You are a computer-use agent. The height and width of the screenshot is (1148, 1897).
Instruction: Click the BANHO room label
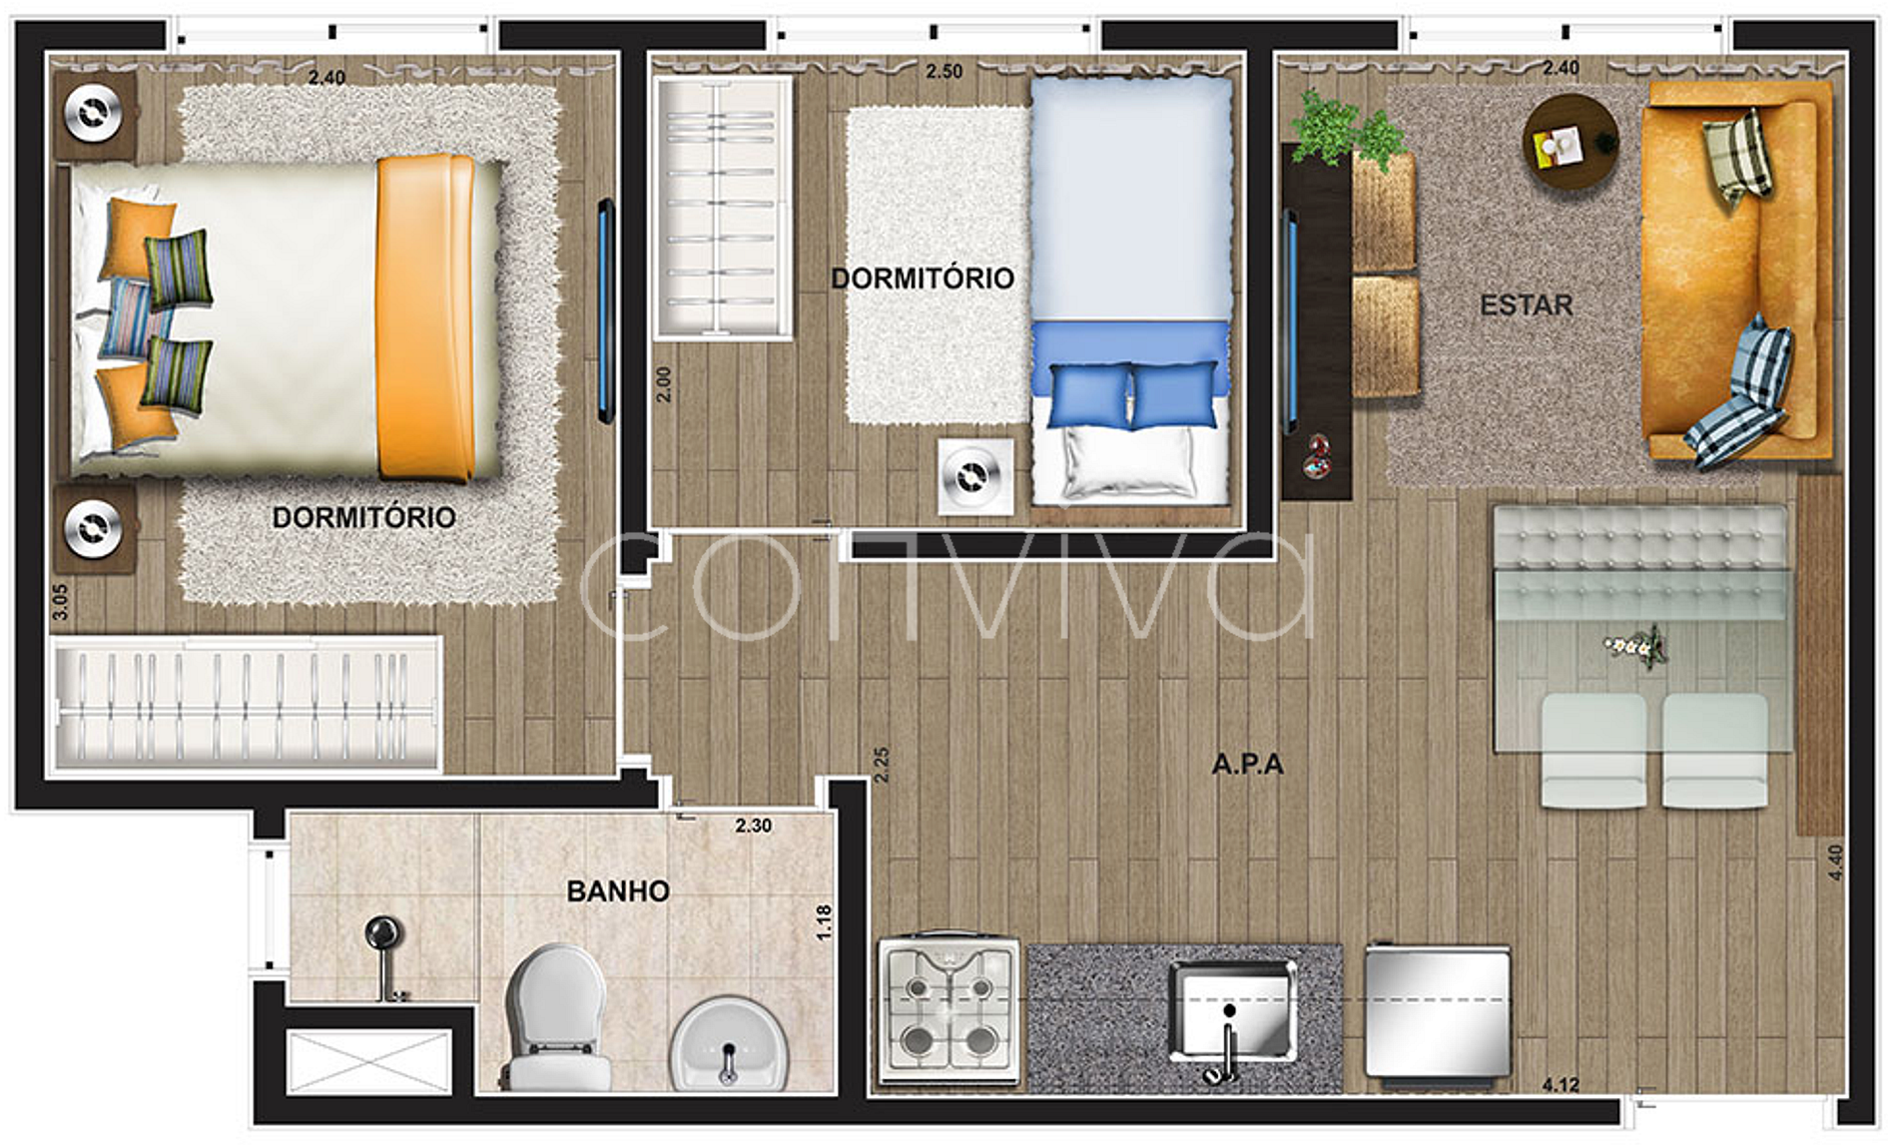618,890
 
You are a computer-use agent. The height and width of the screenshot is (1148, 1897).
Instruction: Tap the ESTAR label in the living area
1526,304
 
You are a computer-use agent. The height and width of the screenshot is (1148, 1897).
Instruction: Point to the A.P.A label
1247,765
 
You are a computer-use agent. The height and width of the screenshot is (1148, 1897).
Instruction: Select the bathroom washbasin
729,1043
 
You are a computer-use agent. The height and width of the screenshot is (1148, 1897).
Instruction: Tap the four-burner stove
948,1011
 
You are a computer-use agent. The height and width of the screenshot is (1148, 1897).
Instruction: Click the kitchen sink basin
1234,1008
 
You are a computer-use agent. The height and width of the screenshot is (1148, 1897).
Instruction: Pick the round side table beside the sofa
1571,144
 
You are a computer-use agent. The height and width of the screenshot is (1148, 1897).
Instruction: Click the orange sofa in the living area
1737,272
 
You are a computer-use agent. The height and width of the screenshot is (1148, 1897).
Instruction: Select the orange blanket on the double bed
425,317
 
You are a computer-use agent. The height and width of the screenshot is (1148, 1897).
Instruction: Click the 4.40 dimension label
1834,862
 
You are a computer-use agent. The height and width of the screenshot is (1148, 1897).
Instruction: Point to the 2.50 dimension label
944,71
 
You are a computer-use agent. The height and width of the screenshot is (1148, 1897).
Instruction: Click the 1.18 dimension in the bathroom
824,922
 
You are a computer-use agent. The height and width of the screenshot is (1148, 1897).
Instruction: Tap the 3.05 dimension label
61,602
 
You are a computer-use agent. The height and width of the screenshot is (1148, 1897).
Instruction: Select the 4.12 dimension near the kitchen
1561,1085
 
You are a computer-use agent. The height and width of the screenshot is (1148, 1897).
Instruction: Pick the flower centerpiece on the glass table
1636,647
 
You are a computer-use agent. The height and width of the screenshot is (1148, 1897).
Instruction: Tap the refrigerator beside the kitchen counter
1438,1014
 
